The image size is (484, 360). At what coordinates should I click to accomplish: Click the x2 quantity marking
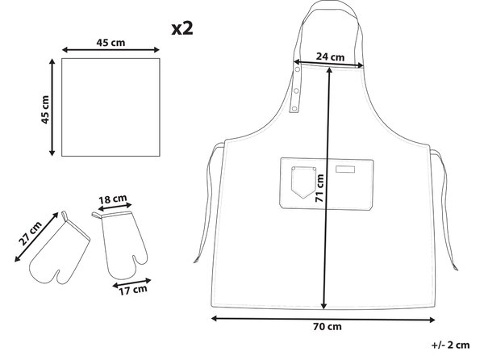[182, 29]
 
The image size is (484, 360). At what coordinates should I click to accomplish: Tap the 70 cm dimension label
[328, 327]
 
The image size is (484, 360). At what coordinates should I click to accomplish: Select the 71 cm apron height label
[319, 188]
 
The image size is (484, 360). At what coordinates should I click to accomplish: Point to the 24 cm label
[330, 57]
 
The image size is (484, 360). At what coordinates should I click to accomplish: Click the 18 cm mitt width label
[113, 199]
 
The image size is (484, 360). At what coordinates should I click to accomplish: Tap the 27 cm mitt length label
[30, 233]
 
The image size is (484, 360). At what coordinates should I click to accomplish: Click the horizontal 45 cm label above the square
[111, 43]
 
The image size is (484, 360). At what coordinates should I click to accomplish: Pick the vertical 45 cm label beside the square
[45, 110]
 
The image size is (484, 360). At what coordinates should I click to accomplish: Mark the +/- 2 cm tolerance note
[450, 345]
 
